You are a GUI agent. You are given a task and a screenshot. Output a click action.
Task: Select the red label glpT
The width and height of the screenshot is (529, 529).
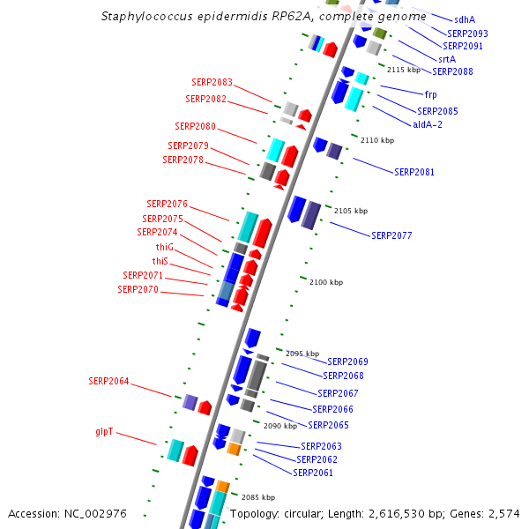pyautogui.click(x=104, y=432)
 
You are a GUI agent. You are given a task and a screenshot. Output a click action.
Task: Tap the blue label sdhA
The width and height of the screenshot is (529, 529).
pyautogui.click(x=465, y=19)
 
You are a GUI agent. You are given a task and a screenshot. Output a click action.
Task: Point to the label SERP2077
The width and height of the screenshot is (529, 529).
pyautogui.click(x=391, y=235)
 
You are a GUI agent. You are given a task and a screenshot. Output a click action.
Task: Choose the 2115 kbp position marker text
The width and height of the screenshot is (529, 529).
pyautogui.click(x=404, y=70)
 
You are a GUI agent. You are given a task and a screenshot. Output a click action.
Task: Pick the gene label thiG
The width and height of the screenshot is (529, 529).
pyautogui.click(x=165, y=247)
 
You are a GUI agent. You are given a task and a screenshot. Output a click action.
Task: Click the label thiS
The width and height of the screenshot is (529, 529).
pyautogui.click(x=160, y=261)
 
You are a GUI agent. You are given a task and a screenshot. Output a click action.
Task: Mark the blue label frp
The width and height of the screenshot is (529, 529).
pyautogui.click(x=430, y=93)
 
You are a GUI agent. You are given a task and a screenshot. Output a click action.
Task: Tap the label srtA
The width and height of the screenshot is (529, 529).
pyautogui.click(x=447, y=59)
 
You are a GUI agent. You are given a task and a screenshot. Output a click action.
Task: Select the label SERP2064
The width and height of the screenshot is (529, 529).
pyautogui.click(x=108, y=381)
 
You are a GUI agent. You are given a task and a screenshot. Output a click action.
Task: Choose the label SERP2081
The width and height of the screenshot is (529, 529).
pyautogui.click(x=414, y=172)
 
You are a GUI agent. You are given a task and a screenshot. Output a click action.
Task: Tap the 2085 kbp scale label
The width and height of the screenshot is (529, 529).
pyautogui.click(x=258, y=497)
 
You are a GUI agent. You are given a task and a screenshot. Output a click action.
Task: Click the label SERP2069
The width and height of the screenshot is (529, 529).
pyautogui.click(x=347, y=361)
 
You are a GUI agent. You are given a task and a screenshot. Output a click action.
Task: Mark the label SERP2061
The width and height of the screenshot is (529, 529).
pyautogui.click(x=313, y=473)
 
